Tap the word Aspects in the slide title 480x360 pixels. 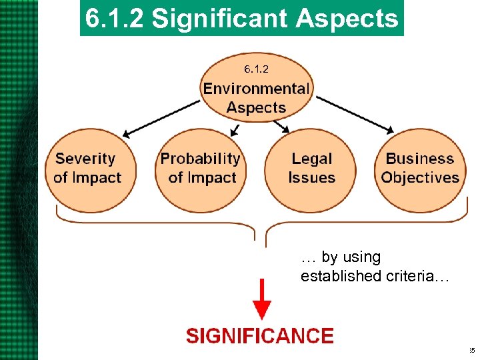pyautogui.click(x=347, y=19)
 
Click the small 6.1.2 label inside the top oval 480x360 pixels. pyautogui.click(x=256, y=69)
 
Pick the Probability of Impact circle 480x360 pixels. pyautogui.click(x=200, y=169)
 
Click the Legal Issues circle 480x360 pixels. pyautogui.click(x=311, y=169)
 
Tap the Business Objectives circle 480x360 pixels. pyautogui.click(x=421, y=169)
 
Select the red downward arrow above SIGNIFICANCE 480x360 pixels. pyautogui.click(x=262, y=301)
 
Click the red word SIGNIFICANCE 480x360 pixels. pyautogui.click(x=259, y=335)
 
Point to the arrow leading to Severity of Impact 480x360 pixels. pyautogui.click(x=163, y=118)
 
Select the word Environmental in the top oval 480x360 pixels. pyautogui.click(x=257, y=89)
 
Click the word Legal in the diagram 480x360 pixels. pyautogui.click(x=311, y=159)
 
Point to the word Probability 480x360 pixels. pyautogui.click(x=200, y=159)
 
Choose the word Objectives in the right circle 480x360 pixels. pyautogui.click(x=421, y=178)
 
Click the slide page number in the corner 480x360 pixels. pyautogui.click(x=471, y=351)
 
